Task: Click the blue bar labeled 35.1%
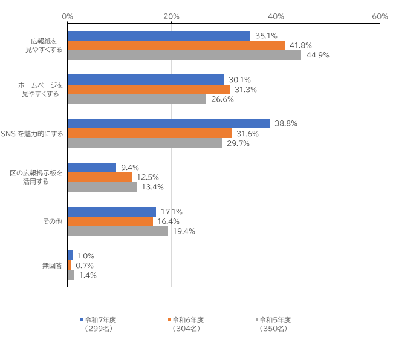tap(158, 36)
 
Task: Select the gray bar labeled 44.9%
tap(184, 55)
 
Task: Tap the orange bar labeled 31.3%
tap(149, 90)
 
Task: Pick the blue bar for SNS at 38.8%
tap(168, 123)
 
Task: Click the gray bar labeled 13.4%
tap(102, 187)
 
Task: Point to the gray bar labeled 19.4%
tap(117, 231)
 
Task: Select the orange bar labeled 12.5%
tap(100, 177)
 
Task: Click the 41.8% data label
tap(300, 45)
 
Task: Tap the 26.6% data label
tap(222, 99)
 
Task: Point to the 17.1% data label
tap(172, 212)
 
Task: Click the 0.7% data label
tap(84, 266)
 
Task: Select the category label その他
tap(52, 221)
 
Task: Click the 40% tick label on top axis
tap(276, 16)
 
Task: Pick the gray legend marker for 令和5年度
tap(257, 319)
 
